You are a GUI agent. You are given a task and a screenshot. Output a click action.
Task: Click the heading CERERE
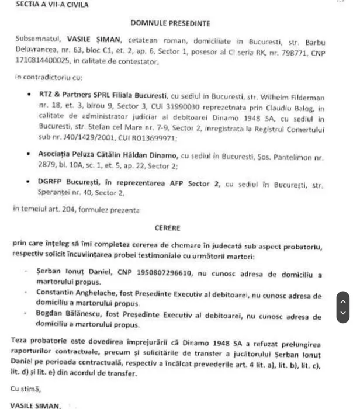click(168, 228)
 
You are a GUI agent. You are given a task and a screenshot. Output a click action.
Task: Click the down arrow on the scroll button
click(344, 313)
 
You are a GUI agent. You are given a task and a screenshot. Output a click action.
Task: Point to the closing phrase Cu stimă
click(27, 387)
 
